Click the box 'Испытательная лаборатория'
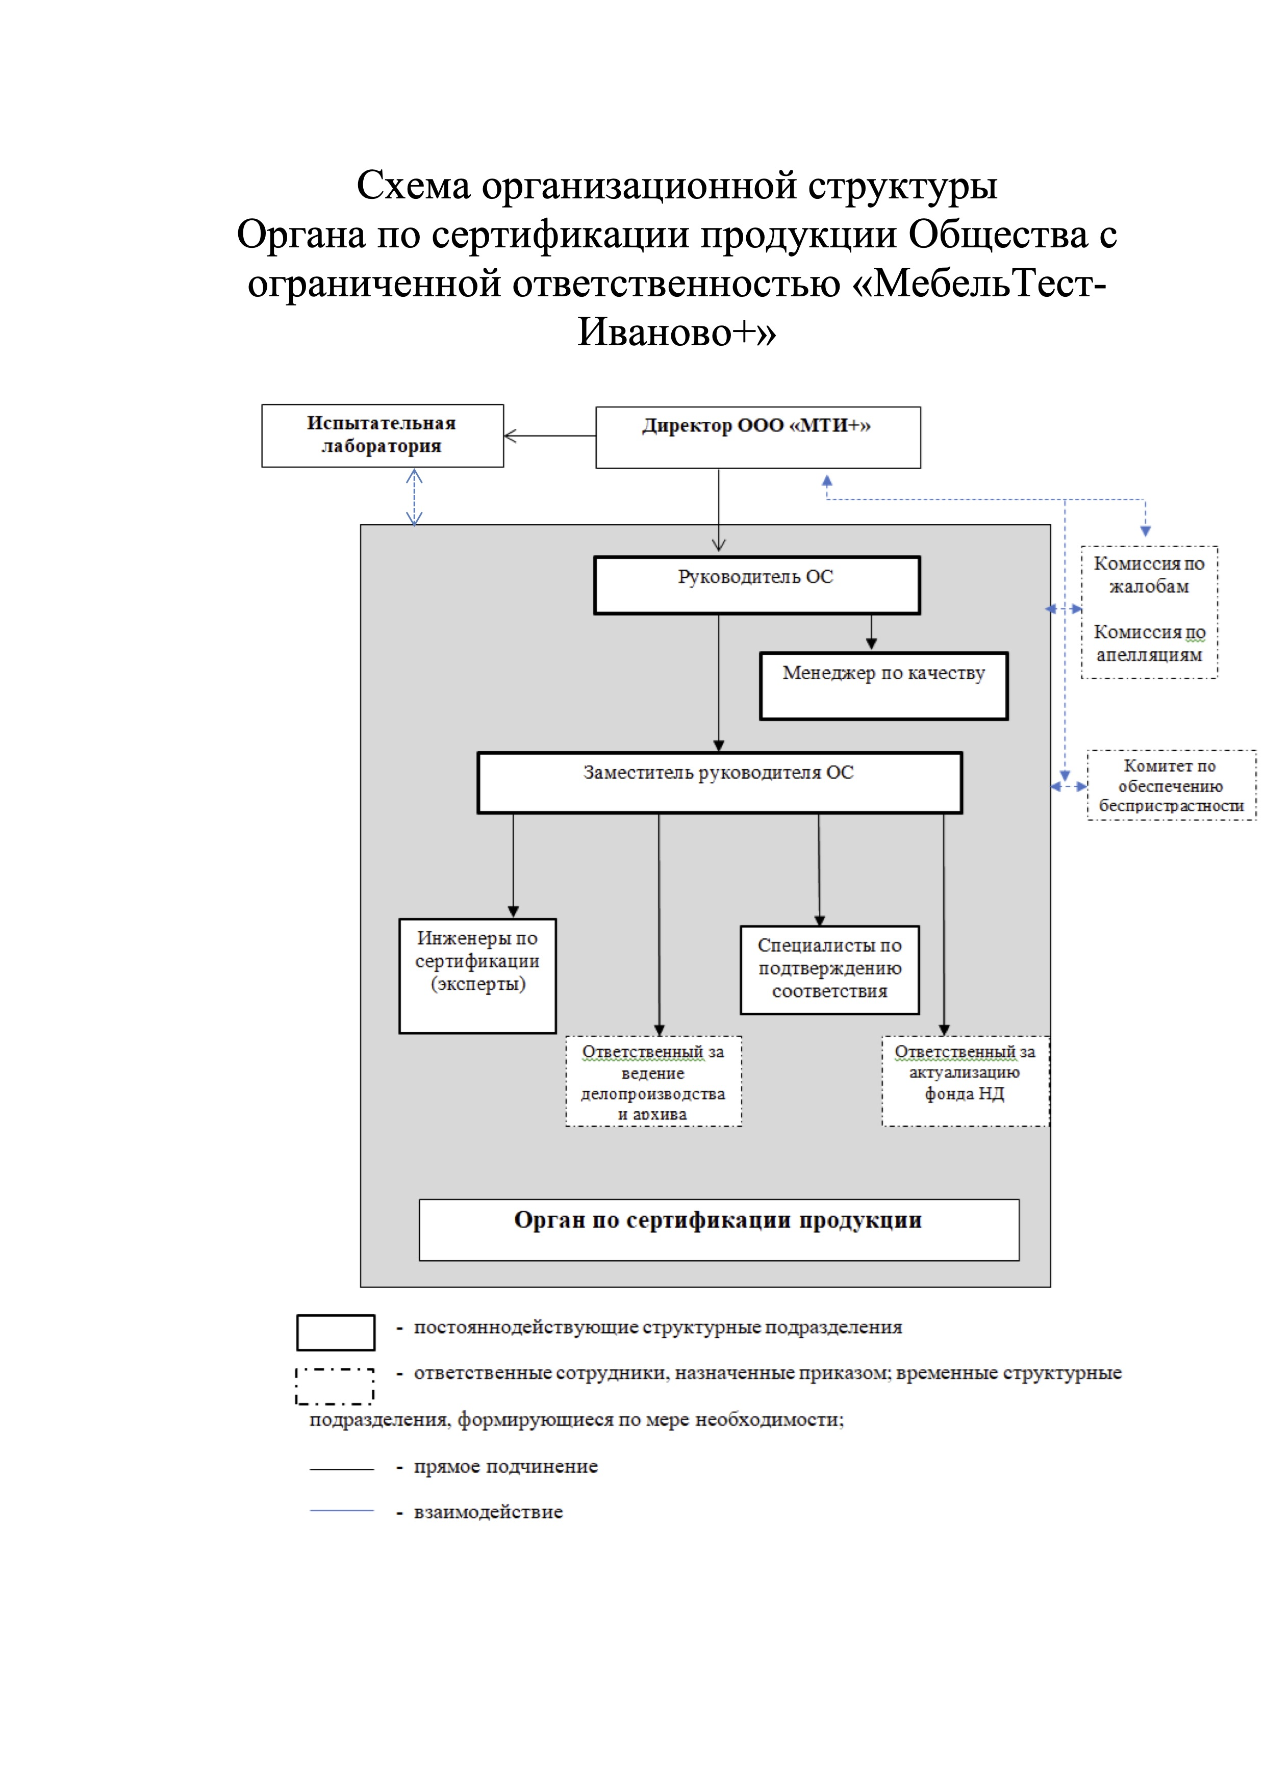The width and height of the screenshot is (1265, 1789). point(382,436)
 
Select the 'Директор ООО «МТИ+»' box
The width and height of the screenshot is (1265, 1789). point(757,437)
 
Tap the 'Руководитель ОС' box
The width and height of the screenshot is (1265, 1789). point(757,585)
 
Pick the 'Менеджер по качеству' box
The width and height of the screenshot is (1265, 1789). point(883,686)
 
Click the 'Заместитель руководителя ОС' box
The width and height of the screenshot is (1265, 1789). point(719,782)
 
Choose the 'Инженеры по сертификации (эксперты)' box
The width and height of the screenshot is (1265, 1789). point(477,976)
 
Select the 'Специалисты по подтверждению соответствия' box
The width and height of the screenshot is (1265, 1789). point(829,969)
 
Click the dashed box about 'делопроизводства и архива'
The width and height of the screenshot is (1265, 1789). point(653,1081)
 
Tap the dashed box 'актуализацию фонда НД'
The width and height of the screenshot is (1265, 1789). point(965,1081)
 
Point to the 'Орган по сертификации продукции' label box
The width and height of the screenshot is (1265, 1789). point(719,1230)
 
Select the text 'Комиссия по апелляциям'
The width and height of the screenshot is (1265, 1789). point(1149,643)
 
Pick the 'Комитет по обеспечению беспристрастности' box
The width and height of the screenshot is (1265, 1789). point(1171,785)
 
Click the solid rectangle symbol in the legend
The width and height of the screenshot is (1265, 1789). point(335,1332)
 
